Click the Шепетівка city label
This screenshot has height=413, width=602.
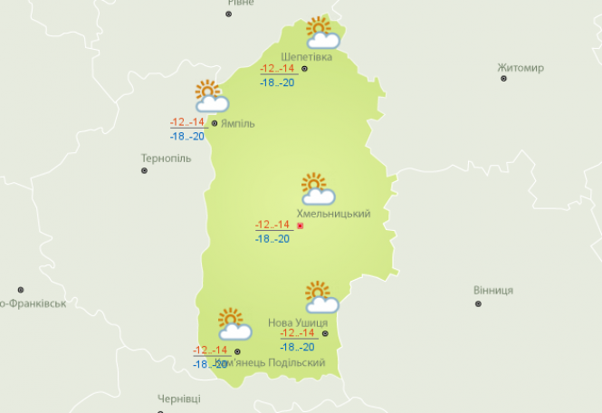click(306, 56)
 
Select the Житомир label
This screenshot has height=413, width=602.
click(520, 68)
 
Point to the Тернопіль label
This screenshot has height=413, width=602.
click(166, 158)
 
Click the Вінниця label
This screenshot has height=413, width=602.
click(492, 290)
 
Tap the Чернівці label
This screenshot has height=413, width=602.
click(178, 399)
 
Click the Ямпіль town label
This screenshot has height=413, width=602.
click(237, 123)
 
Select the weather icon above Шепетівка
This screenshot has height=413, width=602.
click(321, 33)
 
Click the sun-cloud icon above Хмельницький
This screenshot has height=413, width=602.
click(317, 189)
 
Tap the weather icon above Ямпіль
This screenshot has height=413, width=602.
click(211, 96)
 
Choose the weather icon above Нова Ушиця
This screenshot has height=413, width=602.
click(320, 297)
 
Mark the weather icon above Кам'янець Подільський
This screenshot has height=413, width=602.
click(234, 324)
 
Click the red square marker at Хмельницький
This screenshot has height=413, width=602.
click(300, 226)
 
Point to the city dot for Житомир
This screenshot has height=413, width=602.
click(504, 79)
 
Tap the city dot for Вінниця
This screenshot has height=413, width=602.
click(478, 303)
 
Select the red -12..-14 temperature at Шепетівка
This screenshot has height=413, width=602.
click(277, 69)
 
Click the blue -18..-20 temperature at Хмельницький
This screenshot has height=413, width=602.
click(272, 239)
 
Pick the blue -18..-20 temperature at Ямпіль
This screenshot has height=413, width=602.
click(187, 136)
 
